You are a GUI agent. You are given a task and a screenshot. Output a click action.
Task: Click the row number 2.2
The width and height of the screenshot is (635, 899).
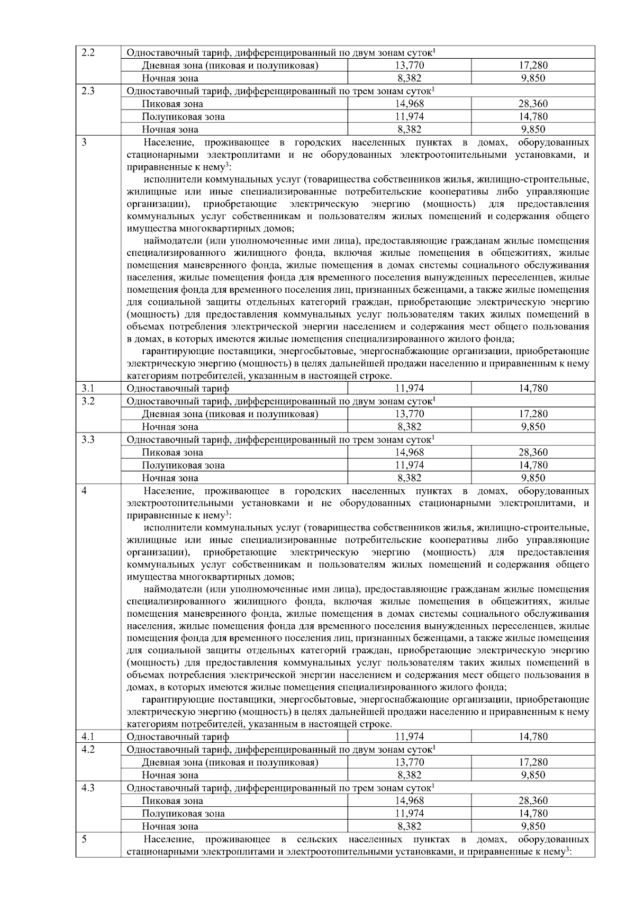(x=88, y=53)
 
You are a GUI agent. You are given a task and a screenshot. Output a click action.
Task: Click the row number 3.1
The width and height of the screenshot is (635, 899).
(x=88, y=388)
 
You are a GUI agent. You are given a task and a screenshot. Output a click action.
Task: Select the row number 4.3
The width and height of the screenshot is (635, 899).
(x=88, y=788)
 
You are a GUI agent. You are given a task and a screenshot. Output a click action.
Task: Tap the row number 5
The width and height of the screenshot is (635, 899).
(x=84, y=839)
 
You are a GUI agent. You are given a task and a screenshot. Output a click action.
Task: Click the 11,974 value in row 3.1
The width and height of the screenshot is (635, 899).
(x=409, y=388)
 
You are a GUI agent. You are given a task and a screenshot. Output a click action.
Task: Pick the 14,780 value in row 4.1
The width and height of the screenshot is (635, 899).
(x=533, y=736)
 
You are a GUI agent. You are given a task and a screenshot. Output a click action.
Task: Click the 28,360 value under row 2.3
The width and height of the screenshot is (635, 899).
(x=533, y=104)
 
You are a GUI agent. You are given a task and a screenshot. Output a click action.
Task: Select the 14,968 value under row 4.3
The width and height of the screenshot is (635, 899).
(x=409, y=801)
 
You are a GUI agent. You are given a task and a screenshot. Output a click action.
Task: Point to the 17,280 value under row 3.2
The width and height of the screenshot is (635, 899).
(x=533, y=414)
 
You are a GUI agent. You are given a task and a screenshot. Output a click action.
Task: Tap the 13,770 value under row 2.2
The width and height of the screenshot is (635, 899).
(x=409, y=66)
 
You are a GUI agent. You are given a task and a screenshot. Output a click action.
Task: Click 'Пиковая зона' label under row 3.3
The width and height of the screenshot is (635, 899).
(x=172, y=453)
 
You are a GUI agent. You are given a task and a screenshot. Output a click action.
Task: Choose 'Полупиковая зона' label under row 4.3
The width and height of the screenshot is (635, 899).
(x=183, y=814)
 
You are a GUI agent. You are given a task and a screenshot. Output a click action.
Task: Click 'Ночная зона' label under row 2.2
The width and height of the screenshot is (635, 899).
(x=170, y=78)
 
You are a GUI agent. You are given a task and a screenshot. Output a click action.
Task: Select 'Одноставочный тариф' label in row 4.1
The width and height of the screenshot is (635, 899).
(x=178, y=736)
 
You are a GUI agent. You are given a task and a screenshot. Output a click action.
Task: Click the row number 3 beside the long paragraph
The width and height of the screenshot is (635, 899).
(x=84, y=142)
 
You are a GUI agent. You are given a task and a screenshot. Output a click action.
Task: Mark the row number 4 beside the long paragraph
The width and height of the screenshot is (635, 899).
(x=84, y=491)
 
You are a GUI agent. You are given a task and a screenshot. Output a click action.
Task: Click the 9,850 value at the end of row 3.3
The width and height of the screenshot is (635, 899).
(x=533, y=478)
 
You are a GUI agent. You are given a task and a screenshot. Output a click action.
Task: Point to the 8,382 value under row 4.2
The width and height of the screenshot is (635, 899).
(x=409, y=775)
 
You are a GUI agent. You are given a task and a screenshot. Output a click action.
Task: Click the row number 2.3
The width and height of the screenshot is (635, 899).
(x=88, y=91)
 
